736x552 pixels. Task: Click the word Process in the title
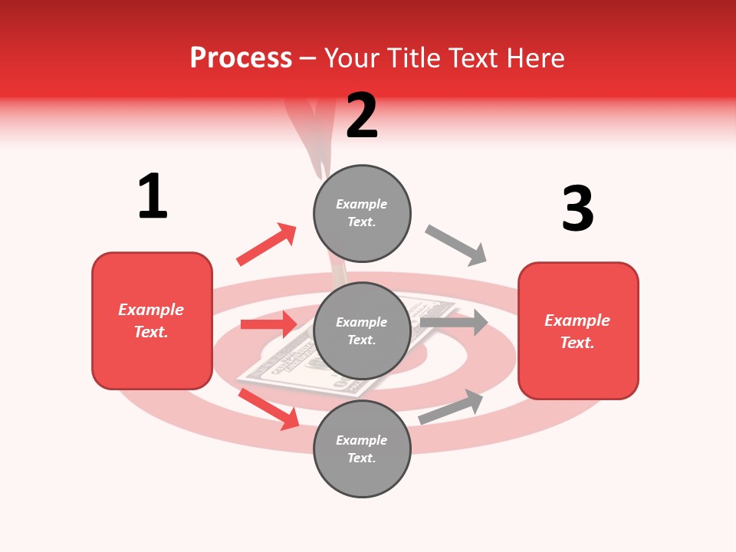241,58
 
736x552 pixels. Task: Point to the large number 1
153,196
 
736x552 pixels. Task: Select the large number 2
362,116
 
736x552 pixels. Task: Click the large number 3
577,209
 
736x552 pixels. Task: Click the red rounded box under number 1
152,320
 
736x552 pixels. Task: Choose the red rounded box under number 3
578,331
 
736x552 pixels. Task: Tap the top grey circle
362,213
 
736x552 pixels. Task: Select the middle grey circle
362,330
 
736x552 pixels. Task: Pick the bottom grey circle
362,449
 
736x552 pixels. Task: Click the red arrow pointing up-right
267,244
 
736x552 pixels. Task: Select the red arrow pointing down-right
269,409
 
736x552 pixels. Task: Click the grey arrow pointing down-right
456,245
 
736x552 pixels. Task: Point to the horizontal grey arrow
454,322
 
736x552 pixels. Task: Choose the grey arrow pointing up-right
452,407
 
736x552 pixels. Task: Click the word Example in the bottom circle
362,440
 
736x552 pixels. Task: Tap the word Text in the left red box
150,332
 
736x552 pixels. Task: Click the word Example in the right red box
577,320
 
